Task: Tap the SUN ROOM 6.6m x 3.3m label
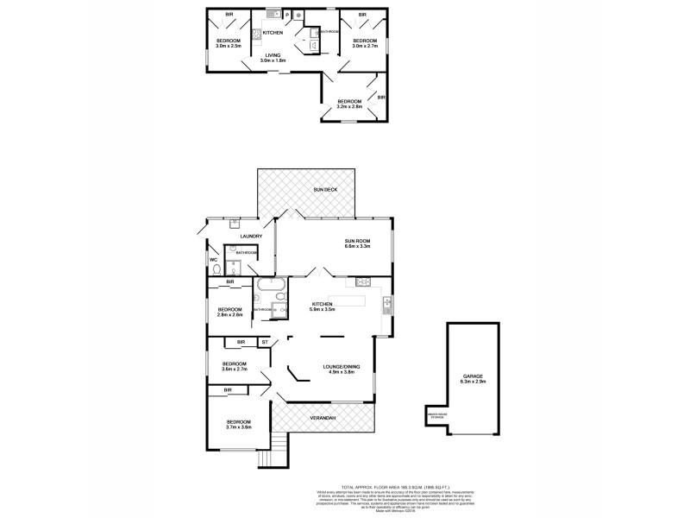point(356,244)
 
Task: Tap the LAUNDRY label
point(251,237)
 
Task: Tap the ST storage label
point(265,343)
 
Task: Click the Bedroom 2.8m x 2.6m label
point(229,313)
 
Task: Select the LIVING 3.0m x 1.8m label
point(273,58)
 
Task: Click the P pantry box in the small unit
point(287,16)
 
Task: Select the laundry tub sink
point(234,223)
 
